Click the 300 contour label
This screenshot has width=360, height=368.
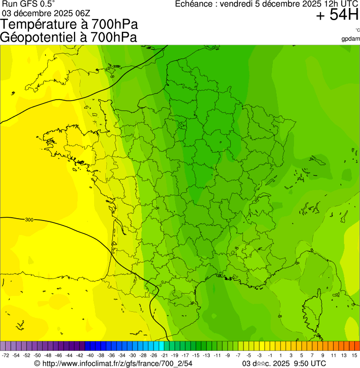[x=29, y=220]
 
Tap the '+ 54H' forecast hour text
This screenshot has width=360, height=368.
[x=337, y=15]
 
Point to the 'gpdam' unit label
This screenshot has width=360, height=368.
[x=351, y=38]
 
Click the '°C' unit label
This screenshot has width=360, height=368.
[x=357, y=30]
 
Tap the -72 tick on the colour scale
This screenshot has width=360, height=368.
[x=6, y=355]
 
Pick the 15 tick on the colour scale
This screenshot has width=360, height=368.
[x=354, y=355]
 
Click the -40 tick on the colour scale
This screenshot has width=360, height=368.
[x=90, y=355]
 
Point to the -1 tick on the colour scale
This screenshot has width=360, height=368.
[x=270, y=355]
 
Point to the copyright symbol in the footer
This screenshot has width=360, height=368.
[x=37, y=363]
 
